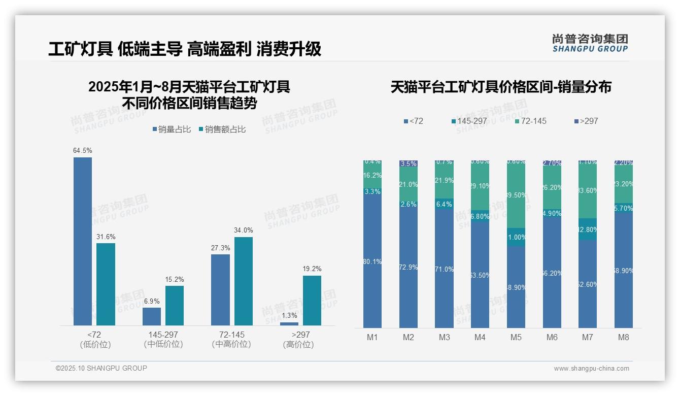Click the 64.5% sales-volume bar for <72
[83, 241]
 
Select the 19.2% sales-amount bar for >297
[312, 300]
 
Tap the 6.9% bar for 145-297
[152, 316]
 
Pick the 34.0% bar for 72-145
[244, 281]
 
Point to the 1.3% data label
[289, 316]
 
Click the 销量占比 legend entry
[172, 129]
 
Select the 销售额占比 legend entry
[222, 129]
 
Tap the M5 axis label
[516, 337]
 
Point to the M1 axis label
[372, 337]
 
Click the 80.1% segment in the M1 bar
[372, 261]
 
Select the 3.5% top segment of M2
[409, 163]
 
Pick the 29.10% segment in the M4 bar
[480, 186]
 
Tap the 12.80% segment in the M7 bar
[588, 229]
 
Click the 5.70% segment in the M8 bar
[624, 208]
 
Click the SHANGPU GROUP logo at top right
[590, 43]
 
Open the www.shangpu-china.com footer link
[591, 369]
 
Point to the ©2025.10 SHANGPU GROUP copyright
[101, 368]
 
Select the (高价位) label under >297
[298, 345]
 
